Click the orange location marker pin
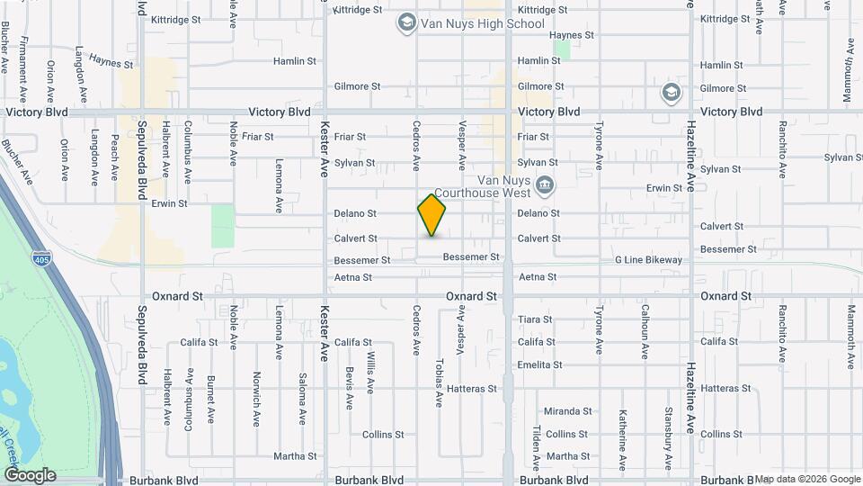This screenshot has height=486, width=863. pos(431,215)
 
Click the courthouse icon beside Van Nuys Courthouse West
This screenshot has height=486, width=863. pos(544,186)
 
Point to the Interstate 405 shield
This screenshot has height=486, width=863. pos(41,259)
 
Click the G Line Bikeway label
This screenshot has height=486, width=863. pos(648,260)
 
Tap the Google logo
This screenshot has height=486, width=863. pos(30,475)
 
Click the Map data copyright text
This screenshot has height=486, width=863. pos(807,479)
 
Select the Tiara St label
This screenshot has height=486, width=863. pos(535,319)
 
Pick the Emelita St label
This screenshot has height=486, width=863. pos(539,364)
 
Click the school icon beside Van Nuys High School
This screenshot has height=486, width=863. pos(406,22)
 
